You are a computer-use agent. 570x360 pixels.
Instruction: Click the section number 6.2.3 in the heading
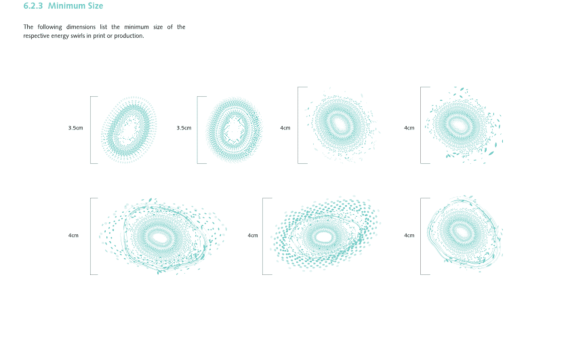[33, 6]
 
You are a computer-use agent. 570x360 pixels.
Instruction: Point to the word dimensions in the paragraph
[81, 27]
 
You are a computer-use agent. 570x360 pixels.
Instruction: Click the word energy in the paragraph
[60, 36]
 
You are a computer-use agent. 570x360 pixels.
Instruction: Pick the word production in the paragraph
[129, 36]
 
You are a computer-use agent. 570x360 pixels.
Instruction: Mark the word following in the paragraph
[50, 27]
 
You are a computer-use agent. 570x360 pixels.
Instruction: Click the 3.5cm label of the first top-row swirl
[76, 128]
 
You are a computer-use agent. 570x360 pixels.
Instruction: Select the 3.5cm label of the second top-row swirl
[184, 128]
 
